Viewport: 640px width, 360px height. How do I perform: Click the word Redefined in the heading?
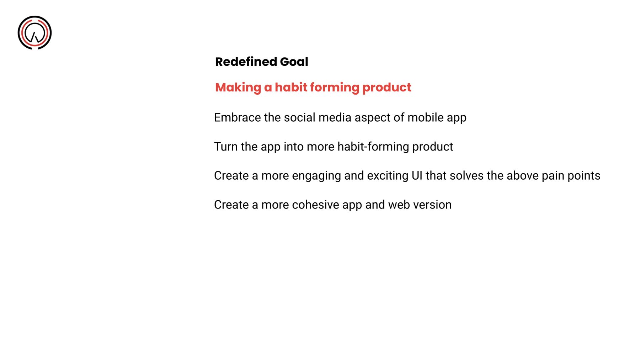(246, 62)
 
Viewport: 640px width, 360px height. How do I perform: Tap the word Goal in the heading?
(294, 62)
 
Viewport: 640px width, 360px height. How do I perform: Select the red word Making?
(238, 88)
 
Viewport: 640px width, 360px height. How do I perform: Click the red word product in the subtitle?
(387, 88)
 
